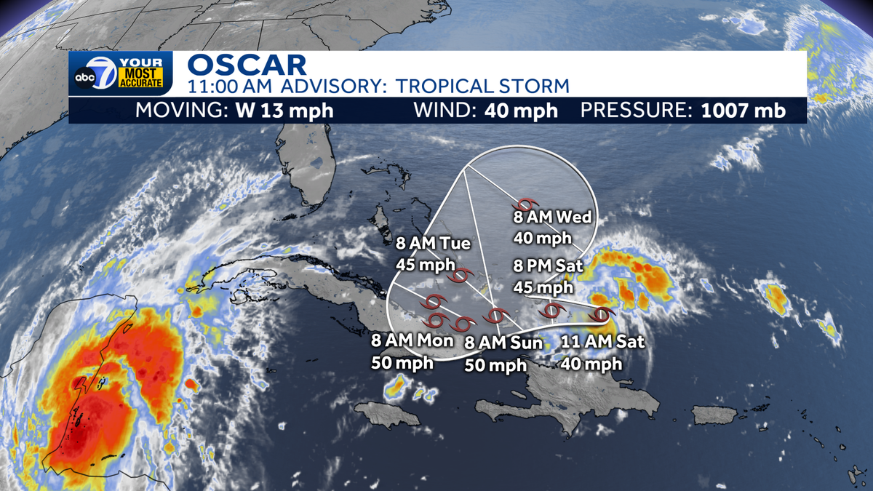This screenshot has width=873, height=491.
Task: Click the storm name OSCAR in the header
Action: [247, 64]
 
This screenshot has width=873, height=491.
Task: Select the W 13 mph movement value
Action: [285, 111]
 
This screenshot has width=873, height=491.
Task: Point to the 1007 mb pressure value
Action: [744, 111]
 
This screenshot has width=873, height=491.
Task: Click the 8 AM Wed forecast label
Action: [553, 217]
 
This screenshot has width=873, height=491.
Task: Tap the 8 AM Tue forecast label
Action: [432, 244]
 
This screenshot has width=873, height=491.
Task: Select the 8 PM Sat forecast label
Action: [549, 266]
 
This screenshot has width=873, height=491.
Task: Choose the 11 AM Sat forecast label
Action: [602, 341]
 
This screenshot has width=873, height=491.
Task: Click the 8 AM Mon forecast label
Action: [412, 340]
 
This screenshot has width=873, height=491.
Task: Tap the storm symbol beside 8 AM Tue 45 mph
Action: [461, 276]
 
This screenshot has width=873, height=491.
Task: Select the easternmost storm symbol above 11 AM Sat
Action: [602, 315]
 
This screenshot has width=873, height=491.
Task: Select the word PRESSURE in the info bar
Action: [637, 111]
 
